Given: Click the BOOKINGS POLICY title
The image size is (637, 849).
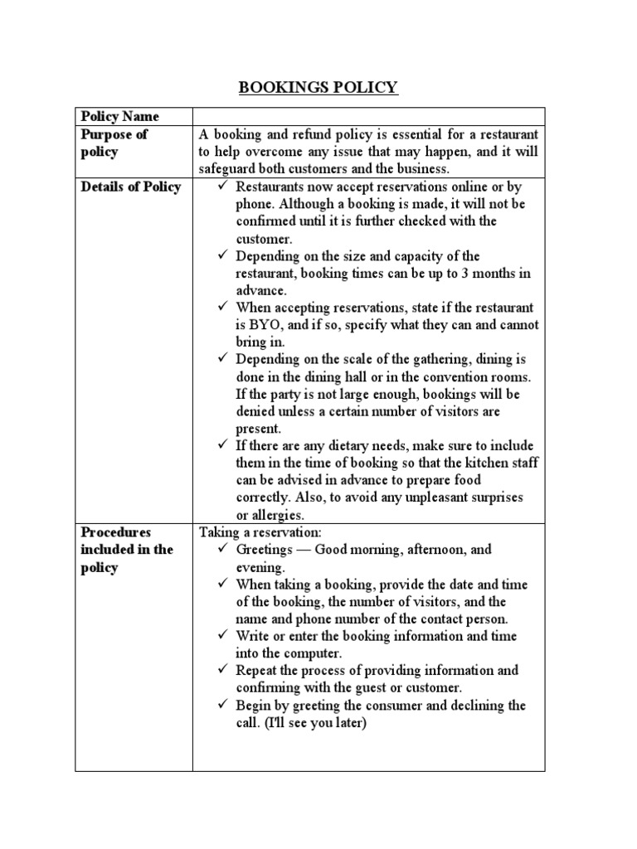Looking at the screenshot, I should (x=318, y=88).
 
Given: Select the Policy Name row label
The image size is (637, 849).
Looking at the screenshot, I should (x=119, y=116).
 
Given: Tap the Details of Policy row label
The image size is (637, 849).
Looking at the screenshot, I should (x=130, y=187).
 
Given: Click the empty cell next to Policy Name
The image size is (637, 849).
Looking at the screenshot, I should (x=368, y=116).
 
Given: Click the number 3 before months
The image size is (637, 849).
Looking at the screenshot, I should (x=464, y=274).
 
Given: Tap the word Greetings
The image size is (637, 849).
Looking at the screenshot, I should (x=266, y=550).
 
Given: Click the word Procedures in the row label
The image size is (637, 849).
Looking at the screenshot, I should (x=116, y=532).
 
